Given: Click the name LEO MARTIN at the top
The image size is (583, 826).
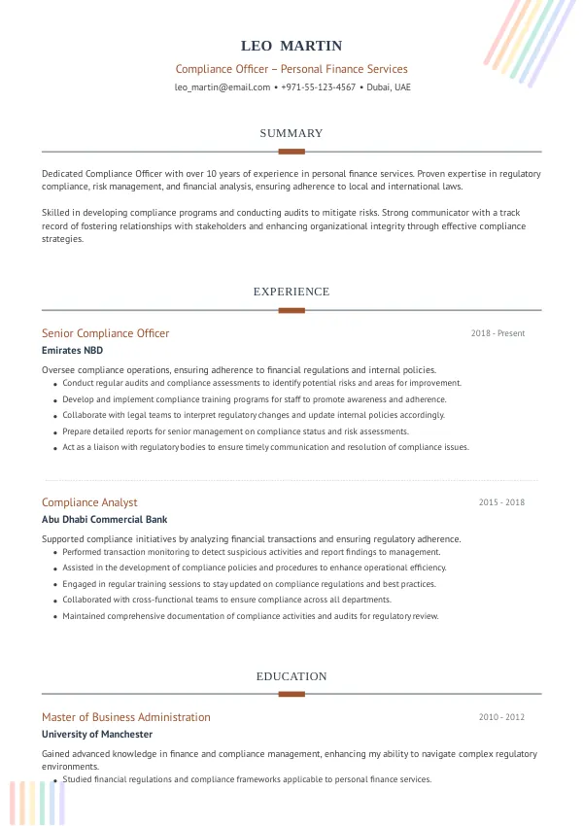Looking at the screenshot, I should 291,47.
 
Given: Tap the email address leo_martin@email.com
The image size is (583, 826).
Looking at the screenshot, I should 223,87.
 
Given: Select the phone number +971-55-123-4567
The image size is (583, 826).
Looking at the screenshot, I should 318,87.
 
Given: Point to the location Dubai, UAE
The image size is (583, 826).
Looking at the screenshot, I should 389,87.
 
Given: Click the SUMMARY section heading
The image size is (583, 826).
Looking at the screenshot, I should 291,133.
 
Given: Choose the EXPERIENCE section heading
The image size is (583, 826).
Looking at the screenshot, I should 291,292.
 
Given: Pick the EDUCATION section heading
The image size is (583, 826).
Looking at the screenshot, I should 291,676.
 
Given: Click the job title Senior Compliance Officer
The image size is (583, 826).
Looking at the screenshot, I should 105,333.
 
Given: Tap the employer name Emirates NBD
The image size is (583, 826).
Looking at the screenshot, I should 72,350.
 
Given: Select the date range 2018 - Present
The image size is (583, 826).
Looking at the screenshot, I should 497,333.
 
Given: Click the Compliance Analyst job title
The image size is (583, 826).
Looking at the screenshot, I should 89,502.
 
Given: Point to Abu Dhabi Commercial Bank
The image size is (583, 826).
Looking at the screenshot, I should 105,520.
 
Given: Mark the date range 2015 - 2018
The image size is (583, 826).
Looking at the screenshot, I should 501,502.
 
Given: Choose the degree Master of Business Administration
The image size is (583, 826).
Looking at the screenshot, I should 126,717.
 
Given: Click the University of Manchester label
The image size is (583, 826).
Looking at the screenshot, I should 97,735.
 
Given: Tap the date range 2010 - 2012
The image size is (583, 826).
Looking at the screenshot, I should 501,717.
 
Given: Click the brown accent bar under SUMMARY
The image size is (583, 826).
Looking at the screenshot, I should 291,152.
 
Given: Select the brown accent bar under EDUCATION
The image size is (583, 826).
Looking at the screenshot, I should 291,694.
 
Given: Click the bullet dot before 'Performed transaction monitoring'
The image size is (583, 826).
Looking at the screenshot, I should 54,553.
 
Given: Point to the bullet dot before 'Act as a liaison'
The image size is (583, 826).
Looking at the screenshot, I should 54,449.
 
